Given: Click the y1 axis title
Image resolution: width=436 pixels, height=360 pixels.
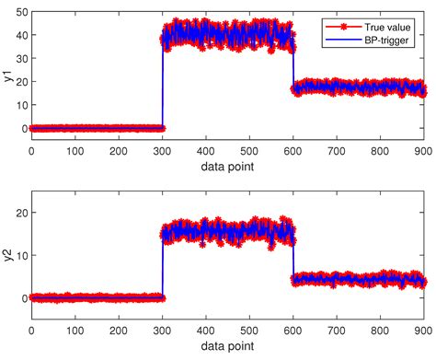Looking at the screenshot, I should [7, 76].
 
